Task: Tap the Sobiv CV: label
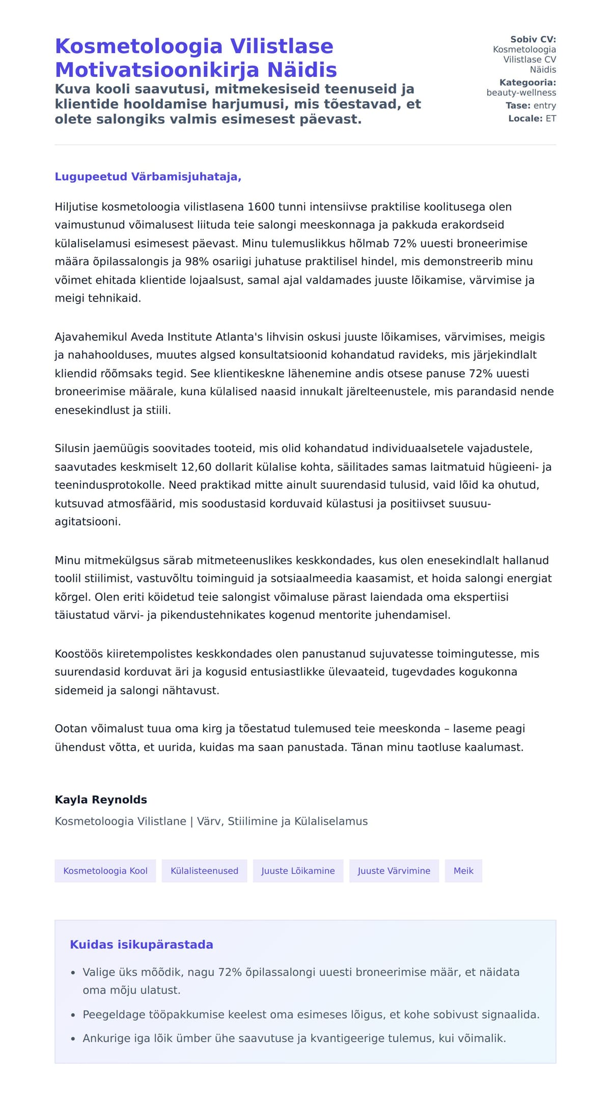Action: coord(533,39)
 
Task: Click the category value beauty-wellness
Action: coord(521,93)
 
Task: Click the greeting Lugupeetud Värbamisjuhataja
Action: coord(148,177)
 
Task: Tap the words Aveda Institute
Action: coord(172,337)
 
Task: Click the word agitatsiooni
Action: coord(87,522)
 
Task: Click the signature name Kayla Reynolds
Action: coord(101,800)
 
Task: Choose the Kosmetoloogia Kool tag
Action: coord(105,871)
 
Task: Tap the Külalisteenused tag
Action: coord(204,871)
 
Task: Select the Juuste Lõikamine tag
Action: coord(298,871)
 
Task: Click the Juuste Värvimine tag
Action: coord(394,871)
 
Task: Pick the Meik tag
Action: coord(463,871)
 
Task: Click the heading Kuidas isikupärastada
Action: coord(142,945)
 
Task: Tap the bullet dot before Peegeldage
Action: coord(73,1015)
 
